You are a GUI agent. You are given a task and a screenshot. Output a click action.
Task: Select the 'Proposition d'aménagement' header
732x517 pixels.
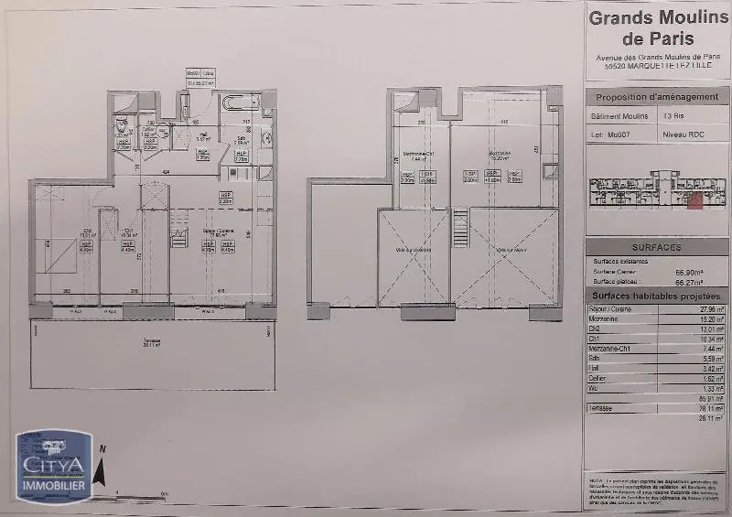click(657, 97)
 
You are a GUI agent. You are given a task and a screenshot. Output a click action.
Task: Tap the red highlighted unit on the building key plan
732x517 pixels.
click(694, 199)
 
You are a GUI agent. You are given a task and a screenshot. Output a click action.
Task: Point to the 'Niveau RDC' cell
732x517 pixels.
click(684, 134)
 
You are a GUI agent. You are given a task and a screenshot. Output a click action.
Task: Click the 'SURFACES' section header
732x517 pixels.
click(656, 247)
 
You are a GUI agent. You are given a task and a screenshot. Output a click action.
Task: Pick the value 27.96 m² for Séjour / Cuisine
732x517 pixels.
click(709, 309)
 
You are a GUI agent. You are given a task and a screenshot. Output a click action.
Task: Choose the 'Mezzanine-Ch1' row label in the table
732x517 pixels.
click(616, 349)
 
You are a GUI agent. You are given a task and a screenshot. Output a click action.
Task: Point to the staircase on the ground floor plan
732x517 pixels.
click(179, 237)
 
